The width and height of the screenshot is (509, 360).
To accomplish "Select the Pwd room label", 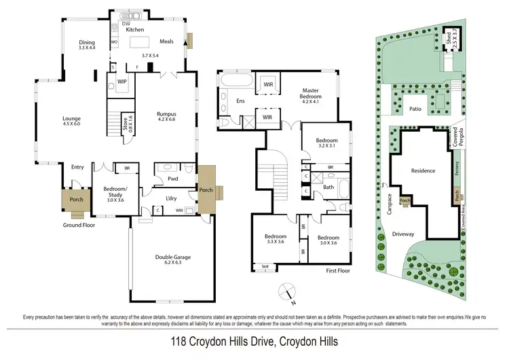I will [x=163, y=179].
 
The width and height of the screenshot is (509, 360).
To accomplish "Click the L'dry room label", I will [x=171, y=198].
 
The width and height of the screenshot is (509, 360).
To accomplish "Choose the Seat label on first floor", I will [x=265, y=267].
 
